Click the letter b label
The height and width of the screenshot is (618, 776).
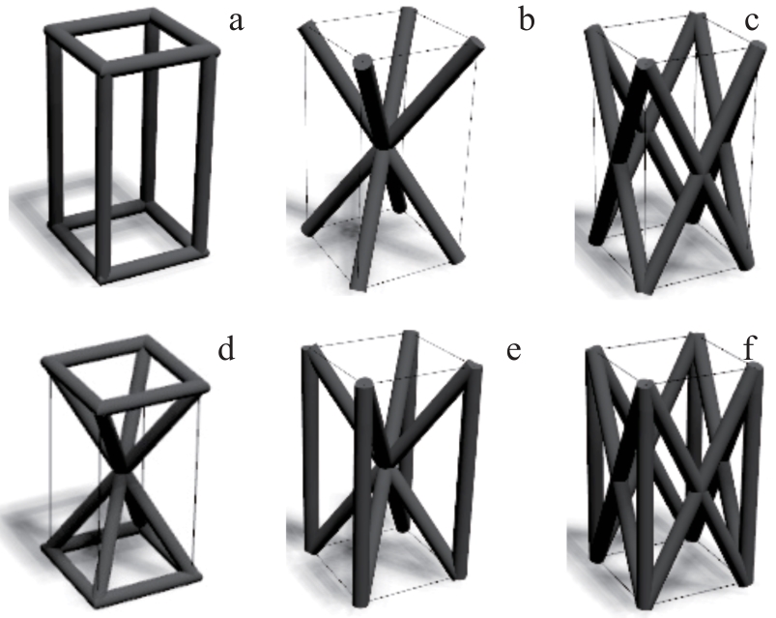527,19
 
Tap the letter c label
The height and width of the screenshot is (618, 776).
751,21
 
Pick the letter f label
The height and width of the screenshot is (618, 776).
749,347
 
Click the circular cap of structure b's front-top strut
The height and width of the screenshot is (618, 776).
363,61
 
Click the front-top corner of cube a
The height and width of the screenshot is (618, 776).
105,69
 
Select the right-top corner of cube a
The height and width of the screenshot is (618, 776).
212,52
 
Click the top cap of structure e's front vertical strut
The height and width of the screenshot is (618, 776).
364,384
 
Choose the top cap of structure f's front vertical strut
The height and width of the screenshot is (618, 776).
644,386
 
